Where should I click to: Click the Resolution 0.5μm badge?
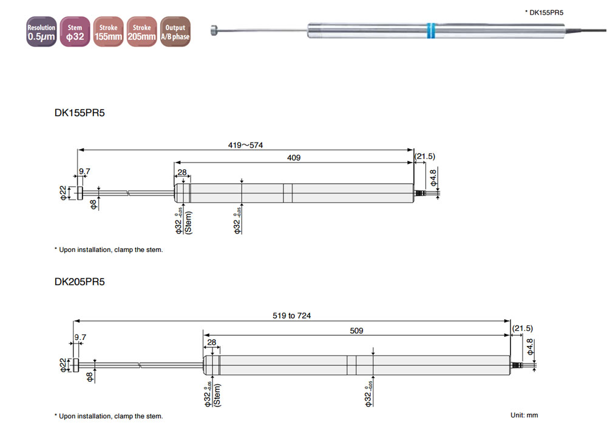pos(41,32)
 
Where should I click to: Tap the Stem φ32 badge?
pos(75,32)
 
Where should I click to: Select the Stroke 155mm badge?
pos(109,32)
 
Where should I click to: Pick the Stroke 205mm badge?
pos(142,32)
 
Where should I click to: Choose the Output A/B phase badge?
pos(175,32)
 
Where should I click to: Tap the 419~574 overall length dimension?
pos(245,145)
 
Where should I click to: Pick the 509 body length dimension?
pos(356,331)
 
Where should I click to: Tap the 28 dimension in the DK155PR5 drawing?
pos(182,173)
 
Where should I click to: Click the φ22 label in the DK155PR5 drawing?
pos(63,193)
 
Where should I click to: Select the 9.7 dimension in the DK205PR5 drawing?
pos(81,337)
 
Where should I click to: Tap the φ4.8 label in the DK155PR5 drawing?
pos(433,177)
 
